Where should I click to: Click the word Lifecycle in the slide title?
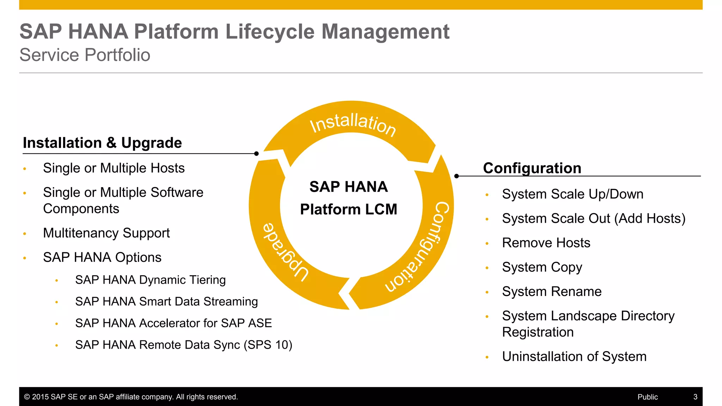(x=269, y=32)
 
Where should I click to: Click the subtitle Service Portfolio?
(x=85, y=55)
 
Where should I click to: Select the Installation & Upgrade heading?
(x=102, y=143)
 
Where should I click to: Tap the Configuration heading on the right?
(x=532, y=168)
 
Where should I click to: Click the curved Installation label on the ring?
(x=353, y=124)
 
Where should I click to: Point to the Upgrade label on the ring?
(x=286, y=252)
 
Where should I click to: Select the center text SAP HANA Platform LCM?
(x=349, y=198)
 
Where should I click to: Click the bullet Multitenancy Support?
(x=106, y=233)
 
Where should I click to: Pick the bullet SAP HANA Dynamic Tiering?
(x=150, y=280)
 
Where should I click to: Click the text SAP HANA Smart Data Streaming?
(x=166, y=302)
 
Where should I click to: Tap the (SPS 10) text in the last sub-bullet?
(x=268, y=345)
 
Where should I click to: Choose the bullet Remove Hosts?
(x=546, y=243)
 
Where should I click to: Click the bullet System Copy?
(x=542, y=267)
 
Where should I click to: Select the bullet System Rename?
(x=552, y=291)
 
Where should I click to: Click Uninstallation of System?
(x=574, y=356)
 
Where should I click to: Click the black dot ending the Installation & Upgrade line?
(x=256, y=154)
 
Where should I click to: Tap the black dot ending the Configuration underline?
(x=457, y=176)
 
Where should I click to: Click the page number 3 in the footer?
(x=695, y=397)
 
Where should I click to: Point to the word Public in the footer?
(x=648, y=397)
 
